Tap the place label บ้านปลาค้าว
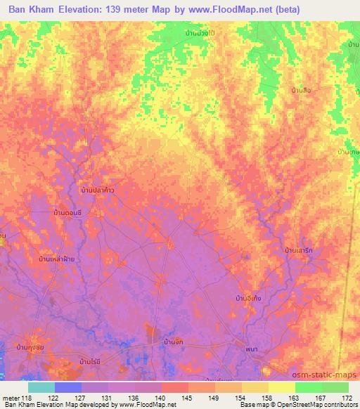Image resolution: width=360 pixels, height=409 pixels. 97,190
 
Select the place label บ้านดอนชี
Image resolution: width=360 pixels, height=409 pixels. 68,212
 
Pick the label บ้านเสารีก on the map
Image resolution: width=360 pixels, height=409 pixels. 299,250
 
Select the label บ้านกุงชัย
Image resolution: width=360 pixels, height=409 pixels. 32,347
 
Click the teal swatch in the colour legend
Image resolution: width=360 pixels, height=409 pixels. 41,387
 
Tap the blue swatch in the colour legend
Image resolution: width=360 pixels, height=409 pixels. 68,387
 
